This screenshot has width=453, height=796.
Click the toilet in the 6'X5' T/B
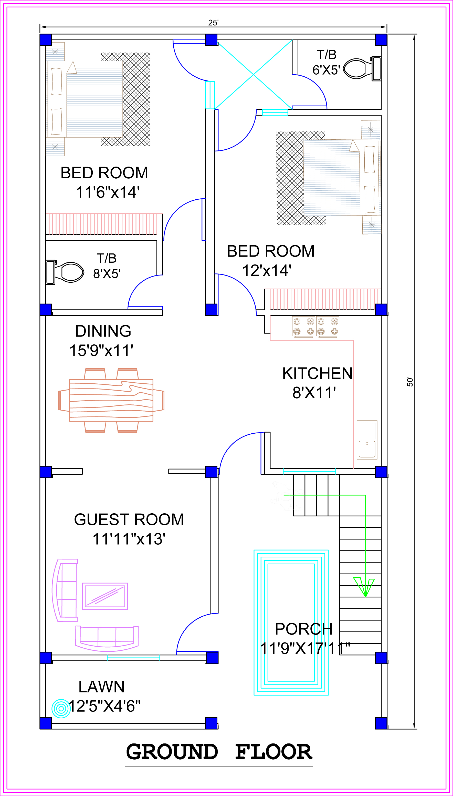(362, 69)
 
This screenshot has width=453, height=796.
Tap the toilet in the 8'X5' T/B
(65, 272)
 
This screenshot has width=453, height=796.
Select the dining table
(111, 400)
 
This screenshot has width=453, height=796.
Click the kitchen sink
(367, 440)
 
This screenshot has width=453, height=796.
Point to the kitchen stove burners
(315, 326)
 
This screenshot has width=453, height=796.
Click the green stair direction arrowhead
(364, 587)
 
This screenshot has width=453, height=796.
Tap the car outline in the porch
(291, 622)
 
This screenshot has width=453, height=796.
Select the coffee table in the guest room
(105, 596)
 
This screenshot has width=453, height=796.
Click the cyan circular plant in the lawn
(61, 709)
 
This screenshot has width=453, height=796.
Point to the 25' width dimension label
(213, 23)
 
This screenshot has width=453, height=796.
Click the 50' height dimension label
(410, 382)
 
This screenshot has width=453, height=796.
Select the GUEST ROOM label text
(129, 519)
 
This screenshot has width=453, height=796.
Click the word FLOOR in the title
(273, 752)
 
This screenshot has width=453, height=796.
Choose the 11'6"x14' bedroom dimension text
(108, 192)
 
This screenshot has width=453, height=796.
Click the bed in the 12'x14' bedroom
(341, 177)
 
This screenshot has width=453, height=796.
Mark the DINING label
(103, 331)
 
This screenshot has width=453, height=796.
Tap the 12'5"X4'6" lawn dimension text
(104, 706)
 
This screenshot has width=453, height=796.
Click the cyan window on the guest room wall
(133, 658)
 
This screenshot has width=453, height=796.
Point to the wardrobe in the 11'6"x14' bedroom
(104, 224)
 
